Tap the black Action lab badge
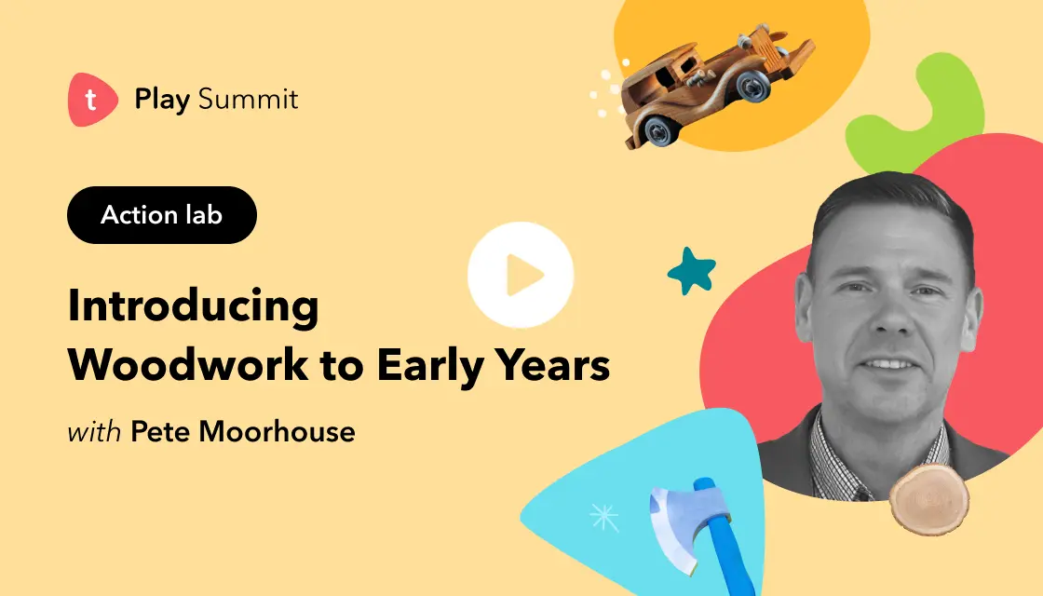162,215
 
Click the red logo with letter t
91,100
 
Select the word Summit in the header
249,100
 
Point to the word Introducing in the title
193,306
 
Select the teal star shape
692,271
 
